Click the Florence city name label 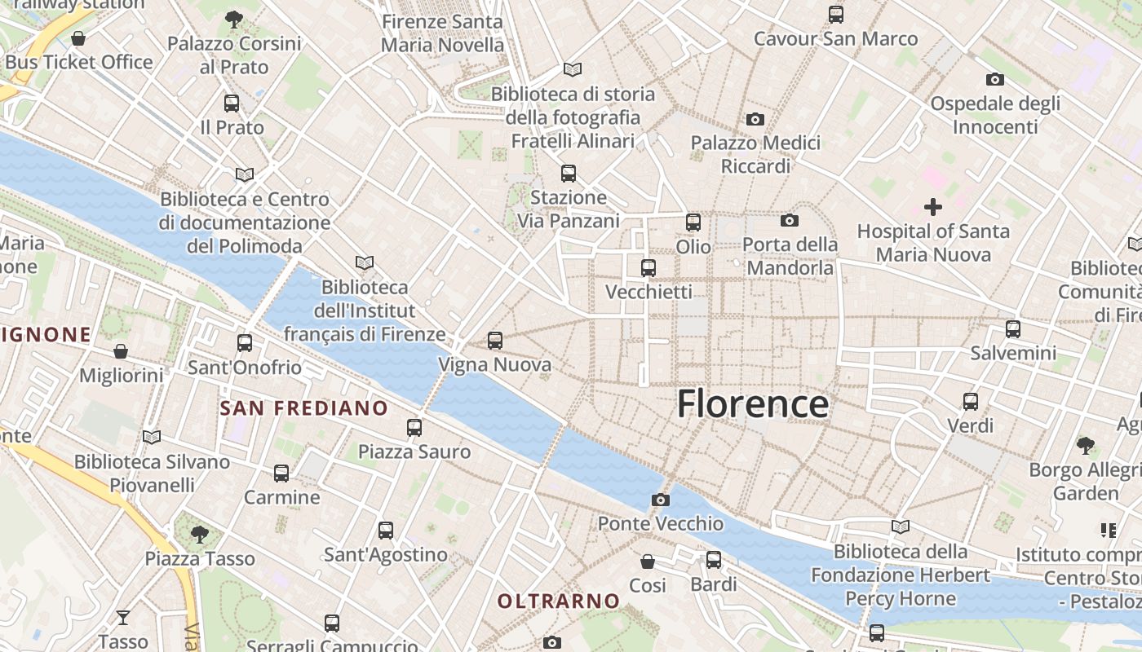tap(752, 404)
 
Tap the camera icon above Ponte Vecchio tap(661, 500)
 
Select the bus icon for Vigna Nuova tap(495, 341)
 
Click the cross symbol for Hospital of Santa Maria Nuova tap(933, 207)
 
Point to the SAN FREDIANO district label tap(303, 408)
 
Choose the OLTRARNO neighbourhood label tap(559, 601)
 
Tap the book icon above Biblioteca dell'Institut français tap(365, 262)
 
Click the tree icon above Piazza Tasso tap(200, 535)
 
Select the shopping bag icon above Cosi tap(648, 562)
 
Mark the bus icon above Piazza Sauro tap(414, 427)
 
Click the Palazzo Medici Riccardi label tap(755, 154)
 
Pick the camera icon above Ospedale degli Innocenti tap(994, 79)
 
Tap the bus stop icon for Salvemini tap(1013, 329)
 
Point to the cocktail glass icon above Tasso tap(123, 617)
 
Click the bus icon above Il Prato tap(232, 104)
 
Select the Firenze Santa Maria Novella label tap(442, 33)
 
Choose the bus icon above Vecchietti tap(648, 267)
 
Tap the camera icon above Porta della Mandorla tap(789, 220)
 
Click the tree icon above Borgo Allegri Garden tap(1085, 445)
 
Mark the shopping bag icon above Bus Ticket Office tap(78, 38)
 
